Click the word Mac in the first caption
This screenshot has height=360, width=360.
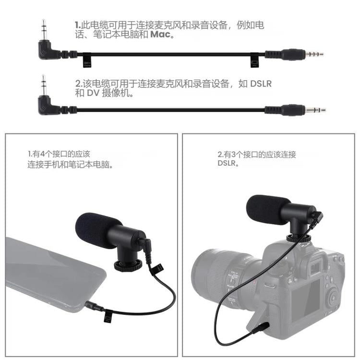(x=161, y=35)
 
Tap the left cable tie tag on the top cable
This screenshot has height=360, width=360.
(x=87, y=60)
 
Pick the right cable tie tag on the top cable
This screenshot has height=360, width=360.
(x=253, y=60)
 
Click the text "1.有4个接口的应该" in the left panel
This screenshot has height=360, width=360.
(x=59, y=154)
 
